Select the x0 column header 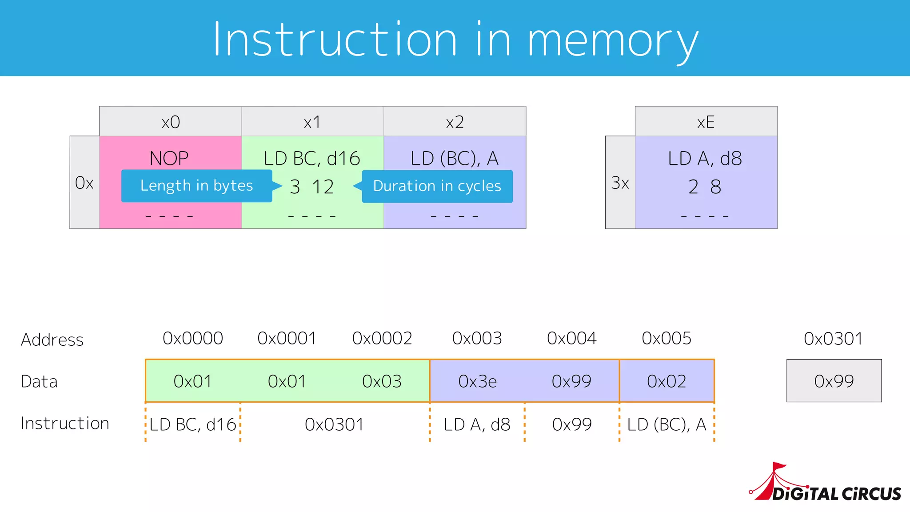(x=170, y=122)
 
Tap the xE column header (x=706, y=122)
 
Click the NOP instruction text (x=169, y=158)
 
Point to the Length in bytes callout (x=196, y=186)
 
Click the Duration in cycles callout (x=437, y=186)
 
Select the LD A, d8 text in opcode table (x=705, y=158)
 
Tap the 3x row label (x=620, y=183)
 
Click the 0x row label (x=84, y=183)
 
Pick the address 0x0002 (x=382, y=339)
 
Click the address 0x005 (x=667, y=339)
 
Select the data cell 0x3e (x=477, y=381)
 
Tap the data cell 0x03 (x=382, y=381)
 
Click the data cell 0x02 (x=667, y=381)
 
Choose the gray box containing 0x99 (x=834, y=381)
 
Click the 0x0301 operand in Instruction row (x=334, y=424)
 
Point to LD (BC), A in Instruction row (x=667, y=424)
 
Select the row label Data (x=39, y=382)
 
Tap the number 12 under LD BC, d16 (x=323, y=187)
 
